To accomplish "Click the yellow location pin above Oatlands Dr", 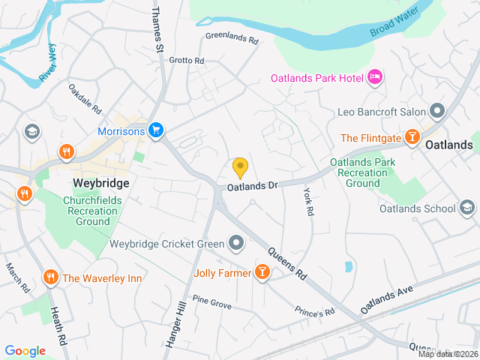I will [240, 167].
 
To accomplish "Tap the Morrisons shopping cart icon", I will [155, 130].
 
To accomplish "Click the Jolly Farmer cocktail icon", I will [262, 271].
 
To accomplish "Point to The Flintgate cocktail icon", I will [412, 137].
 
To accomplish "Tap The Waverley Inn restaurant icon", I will [51, 277].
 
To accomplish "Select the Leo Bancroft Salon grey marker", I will [438, 111].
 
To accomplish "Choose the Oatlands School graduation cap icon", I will [466, 208].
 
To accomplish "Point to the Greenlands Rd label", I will [231, 35].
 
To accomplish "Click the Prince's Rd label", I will [314, 312].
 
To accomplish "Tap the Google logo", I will [25, 350].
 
